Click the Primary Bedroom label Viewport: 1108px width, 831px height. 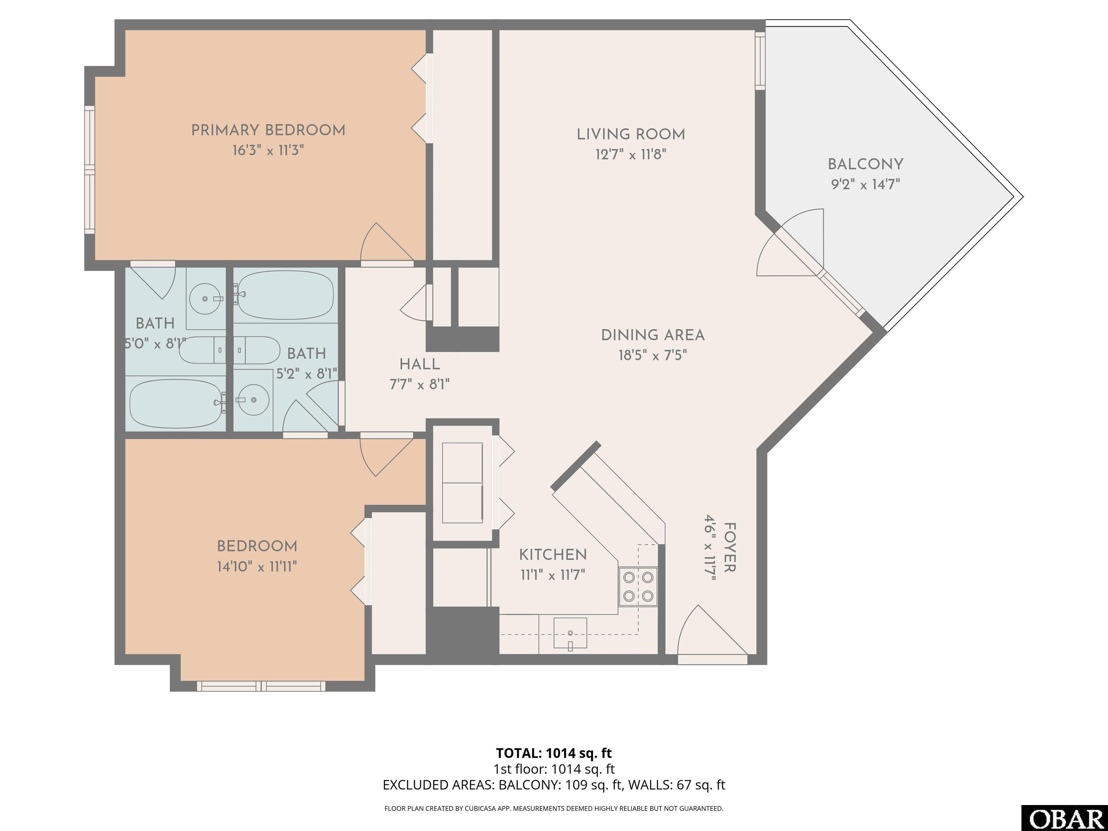coord(268,130)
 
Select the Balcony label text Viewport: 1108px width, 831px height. coord(865,164)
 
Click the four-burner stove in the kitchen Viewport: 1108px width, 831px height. coord(638,586)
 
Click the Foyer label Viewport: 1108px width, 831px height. coord(730,548)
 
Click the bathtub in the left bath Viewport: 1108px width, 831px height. coord(175,403)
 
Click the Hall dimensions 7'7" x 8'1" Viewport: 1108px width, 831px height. coord(420,384)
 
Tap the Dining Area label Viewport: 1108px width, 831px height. coord(653,335)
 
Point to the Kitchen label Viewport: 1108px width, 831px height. coord(553,554)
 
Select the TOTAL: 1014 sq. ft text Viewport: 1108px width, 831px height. coord(554,753)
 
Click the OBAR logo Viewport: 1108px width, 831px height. coord(1064,818)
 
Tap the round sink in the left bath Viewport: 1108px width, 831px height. coord(205,299)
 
